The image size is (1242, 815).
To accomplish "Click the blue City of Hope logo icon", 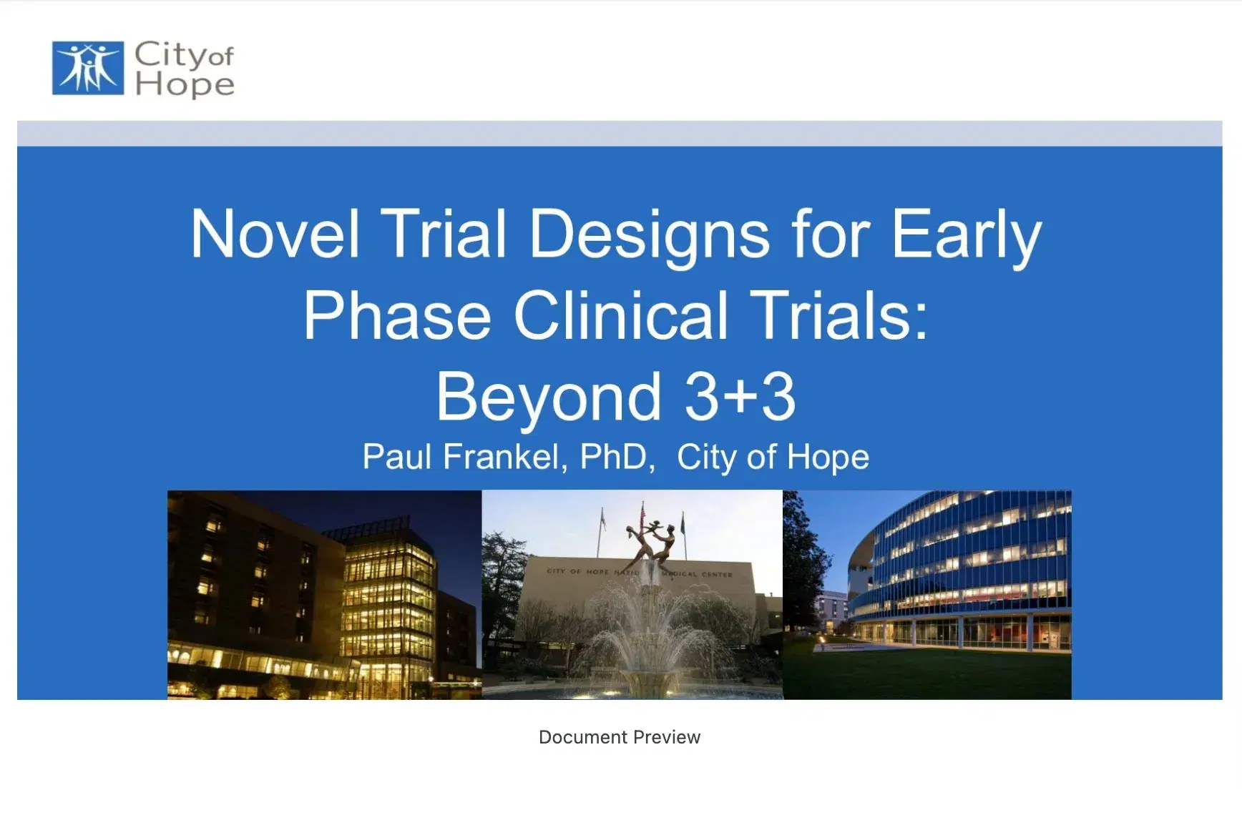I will [88, 68].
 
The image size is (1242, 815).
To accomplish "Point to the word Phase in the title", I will [397, 316].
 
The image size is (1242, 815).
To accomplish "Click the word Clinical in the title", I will [620, 316].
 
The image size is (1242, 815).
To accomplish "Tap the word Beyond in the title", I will [548, 397].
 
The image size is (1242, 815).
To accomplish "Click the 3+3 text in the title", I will [740, 397].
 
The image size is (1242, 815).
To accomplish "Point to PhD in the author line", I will [615, 457].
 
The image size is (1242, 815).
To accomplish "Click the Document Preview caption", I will [620, 737].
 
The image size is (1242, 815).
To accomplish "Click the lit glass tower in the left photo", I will [387, 601].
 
